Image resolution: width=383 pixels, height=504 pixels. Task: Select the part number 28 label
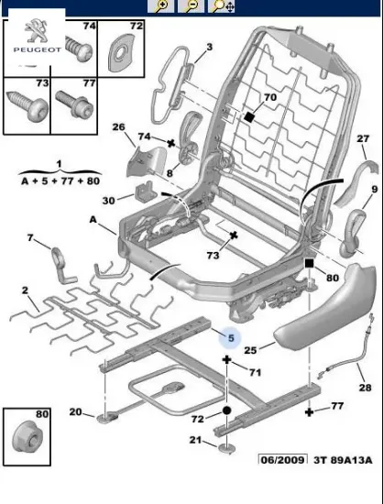click(365, 389)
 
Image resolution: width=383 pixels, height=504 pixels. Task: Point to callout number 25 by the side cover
click(250, 349)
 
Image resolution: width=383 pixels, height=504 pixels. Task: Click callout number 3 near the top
click(209, 47)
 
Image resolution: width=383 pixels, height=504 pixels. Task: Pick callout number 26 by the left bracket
click(118, 126)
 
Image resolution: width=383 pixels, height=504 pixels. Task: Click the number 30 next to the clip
click(108, 201)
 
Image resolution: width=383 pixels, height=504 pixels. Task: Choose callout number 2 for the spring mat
click(24, 290)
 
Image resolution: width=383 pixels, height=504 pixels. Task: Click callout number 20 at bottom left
click(75, 411)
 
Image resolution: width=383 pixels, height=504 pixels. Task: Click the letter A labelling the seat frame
click(93, 221)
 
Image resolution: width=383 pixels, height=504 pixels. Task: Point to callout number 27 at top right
click(362, 139)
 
